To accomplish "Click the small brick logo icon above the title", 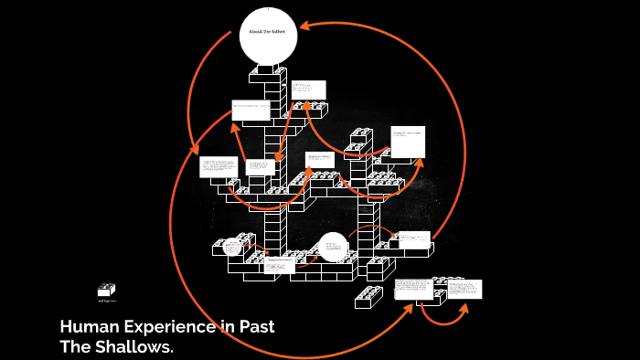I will coord(107,290).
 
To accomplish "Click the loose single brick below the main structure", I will coord(369,296).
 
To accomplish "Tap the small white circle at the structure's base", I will coord(333,246).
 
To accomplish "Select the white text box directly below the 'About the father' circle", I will coord(308,90).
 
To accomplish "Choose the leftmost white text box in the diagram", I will coord(219,167).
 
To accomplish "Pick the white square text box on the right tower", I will coord(408,141).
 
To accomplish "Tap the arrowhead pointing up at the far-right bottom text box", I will coord(464,307).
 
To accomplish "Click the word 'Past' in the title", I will coord(252,327).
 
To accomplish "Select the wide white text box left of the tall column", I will coord(251,110).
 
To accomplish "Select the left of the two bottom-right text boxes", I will coord(413,289).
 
